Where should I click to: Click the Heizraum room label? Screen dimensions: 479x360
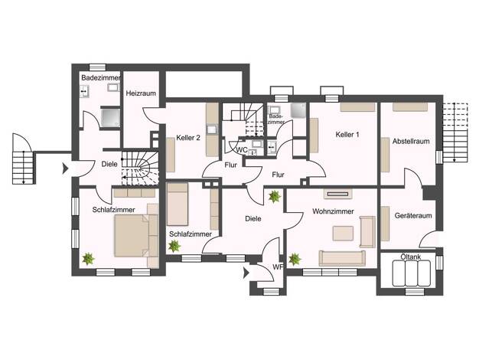coord(141,93)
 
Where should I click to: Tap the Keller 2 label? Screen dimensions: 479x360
coord(188,138)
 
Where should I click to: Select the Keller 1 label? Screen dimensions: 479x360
coord(347,135)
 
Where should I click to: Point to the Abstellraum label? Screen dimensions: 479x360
coord(411,141)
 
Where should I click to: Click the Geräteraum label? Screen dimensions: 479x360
coord(413,216)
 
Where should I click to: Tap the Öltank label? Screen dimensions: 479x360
coord(411,257)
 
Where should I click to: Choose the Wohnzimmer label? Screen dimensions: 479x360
coord(333,211)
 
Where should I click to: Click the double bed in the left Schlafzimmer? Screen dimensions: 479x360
coord(132,235)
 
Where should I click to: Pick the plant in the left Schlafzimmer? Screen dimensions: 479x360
coord(88,259)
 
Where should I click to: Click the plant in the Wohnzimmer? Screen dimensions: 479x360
coord(295,259)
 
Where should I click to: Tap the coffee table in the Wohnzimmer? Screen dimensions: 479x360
coord(343,233)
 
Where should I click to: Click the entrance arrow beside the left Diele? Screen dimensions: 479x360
coord(65,169)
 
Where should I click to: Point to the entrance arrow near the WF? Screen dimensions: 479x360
coord(246,273)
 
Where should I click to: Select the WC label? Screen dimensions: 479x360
coord(243,150)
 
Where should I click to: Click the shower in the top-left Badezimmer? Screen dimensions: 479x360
coord(110,118)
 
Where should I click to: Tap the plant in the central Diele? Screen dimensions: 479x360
coord(275,197)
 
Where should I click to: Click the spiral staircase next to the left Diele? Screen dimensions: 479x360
coord(140,168)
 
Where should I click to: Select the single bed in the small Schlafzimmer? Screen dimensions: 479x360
coord(178,205)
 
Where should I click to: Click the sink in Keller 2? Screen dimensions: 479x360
coord(211,129)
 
